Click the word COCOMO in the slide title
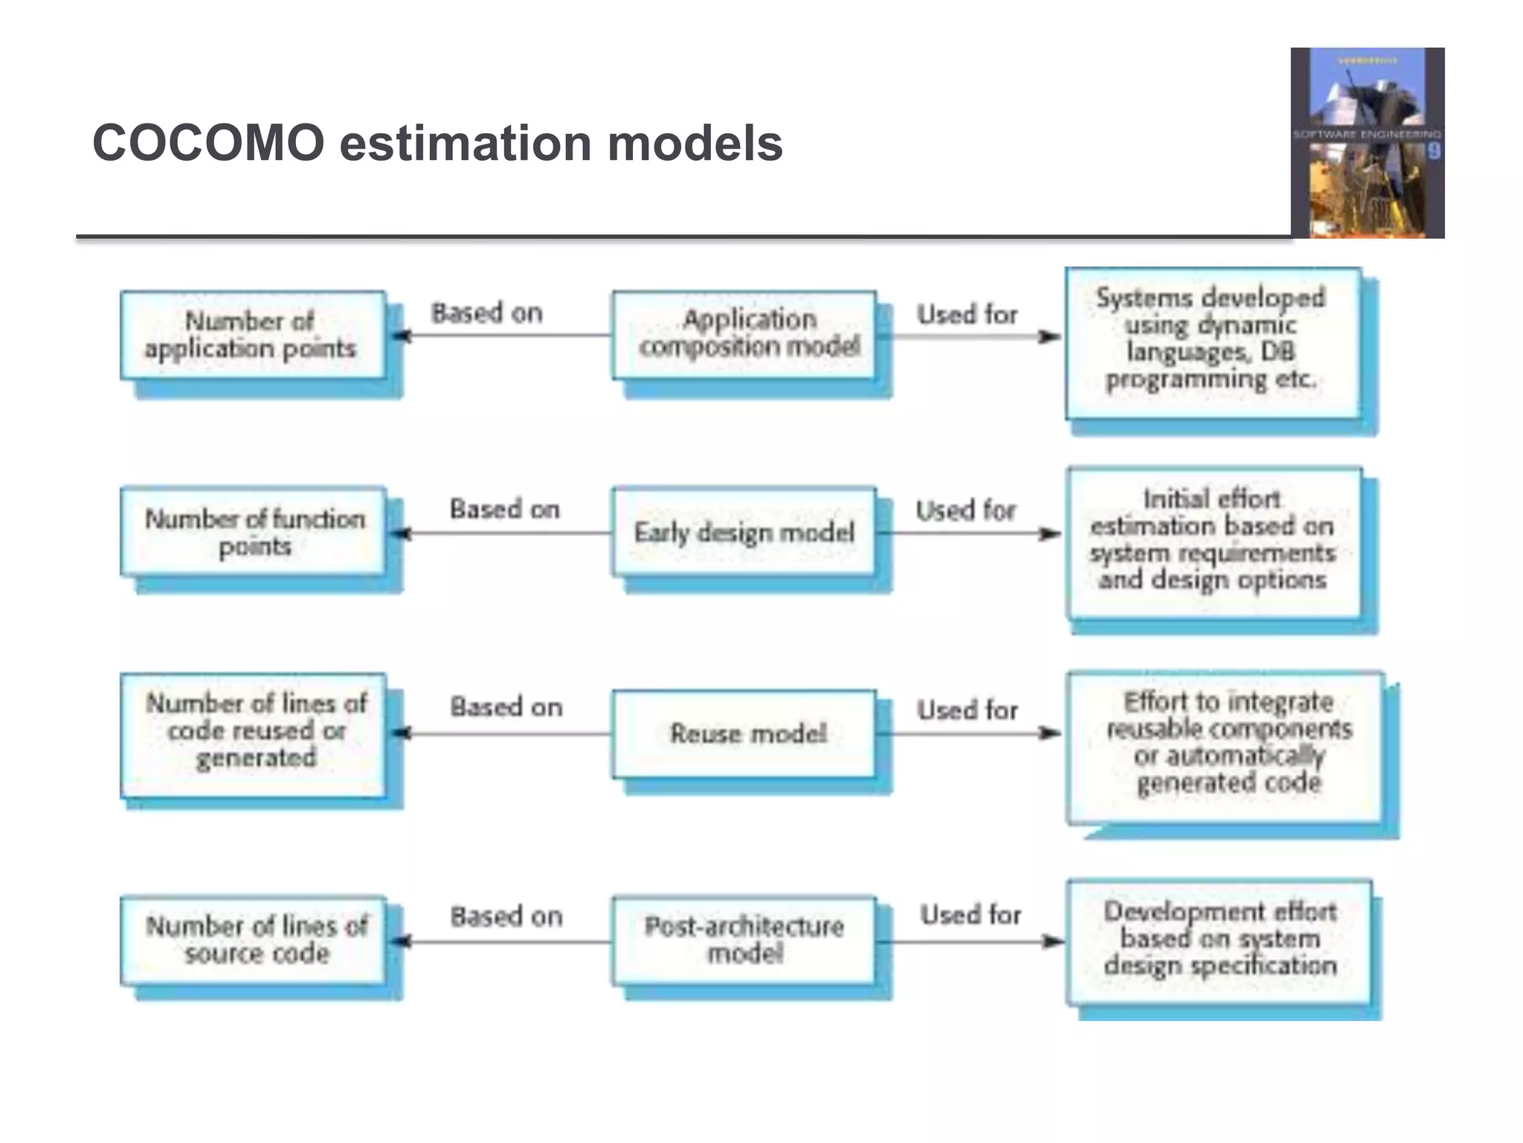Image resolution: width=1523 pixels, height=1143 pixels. pos(208,143)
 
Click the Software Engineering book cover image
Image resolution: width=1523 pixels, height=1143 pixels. pos(1367,143)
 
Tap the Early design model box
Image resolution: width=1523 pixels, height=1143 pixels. pos(744,532)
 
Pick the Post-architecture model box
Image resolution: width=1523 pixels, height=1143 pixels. pos(744,941)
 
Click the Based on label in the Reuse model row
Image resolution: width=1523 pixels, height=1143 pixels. pos(506,706)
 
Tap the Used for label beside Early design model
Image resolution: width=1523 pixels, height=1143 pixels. pos(965,510)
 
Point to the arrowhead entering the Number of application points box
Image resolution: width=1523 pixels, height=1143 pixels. pos(400,336)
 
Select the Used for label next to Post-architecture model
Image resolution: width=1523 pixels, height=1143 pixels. pos(970,914)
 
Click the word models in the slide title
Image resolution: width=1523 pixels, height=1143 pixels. pos(695,143)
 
